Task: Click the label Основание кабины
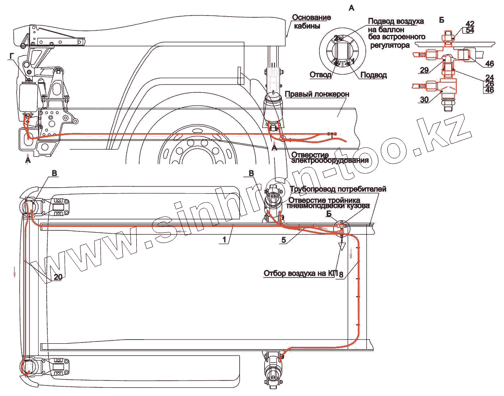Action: [x=311, y=22]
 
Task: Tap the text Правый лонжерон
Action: [x=317, y=94]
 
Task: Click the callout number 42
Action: [x=469, y=24]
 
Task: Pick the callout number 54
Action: [x=469, y=30]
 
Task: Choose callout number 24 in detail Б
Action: [x=489, y=77]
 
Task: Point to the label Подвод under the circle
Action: [x=373, y=75]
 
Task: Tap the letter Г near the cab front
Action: [x=11, y=55]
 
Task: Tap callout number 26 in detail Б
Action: [x=489, y=84]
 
